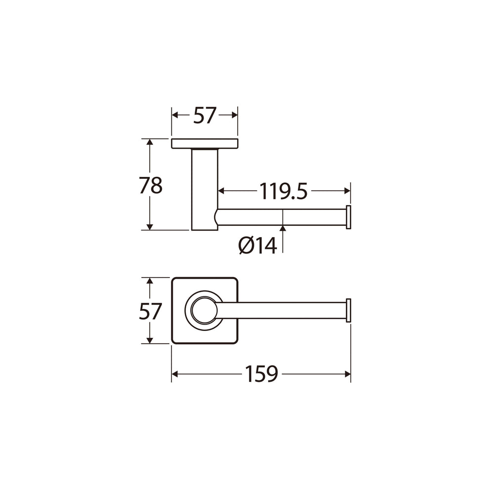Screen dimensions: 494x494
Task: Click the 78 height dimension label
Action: click(151, 185)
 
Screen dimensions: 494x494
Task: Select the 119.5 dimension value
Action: click(283, 191)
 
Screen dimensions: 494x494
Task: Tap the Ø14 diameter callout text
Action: click(258, 246)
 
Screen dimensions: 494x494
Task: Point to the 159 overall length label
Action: click(261, 374)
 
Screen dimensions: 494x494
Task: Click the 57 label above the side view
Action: click(205, 115)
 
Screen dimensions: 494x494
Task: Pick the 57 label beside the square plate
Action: click(151, 311)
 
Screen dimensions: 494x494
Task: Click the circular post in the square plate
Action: click(204, 310)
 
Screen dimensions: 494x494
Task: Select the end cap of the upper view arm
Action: click(348, 217)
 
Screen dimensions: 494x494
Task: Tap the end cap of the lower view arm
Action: click(348, 310)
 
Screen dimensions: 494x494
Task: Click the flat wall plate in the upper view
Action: click(205, 143)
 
